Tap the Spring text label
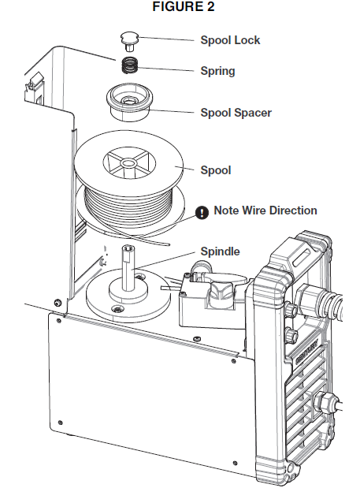click(x=218, y=70)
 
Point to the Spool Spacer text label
click(x=236, y=113)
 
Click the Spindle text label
click(x=220, y=251)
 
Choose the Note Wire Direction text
click(x=265, y=210)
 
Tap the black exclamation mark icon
click(x=202, y=211)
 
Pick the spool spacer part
click(x=129, y=102)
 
